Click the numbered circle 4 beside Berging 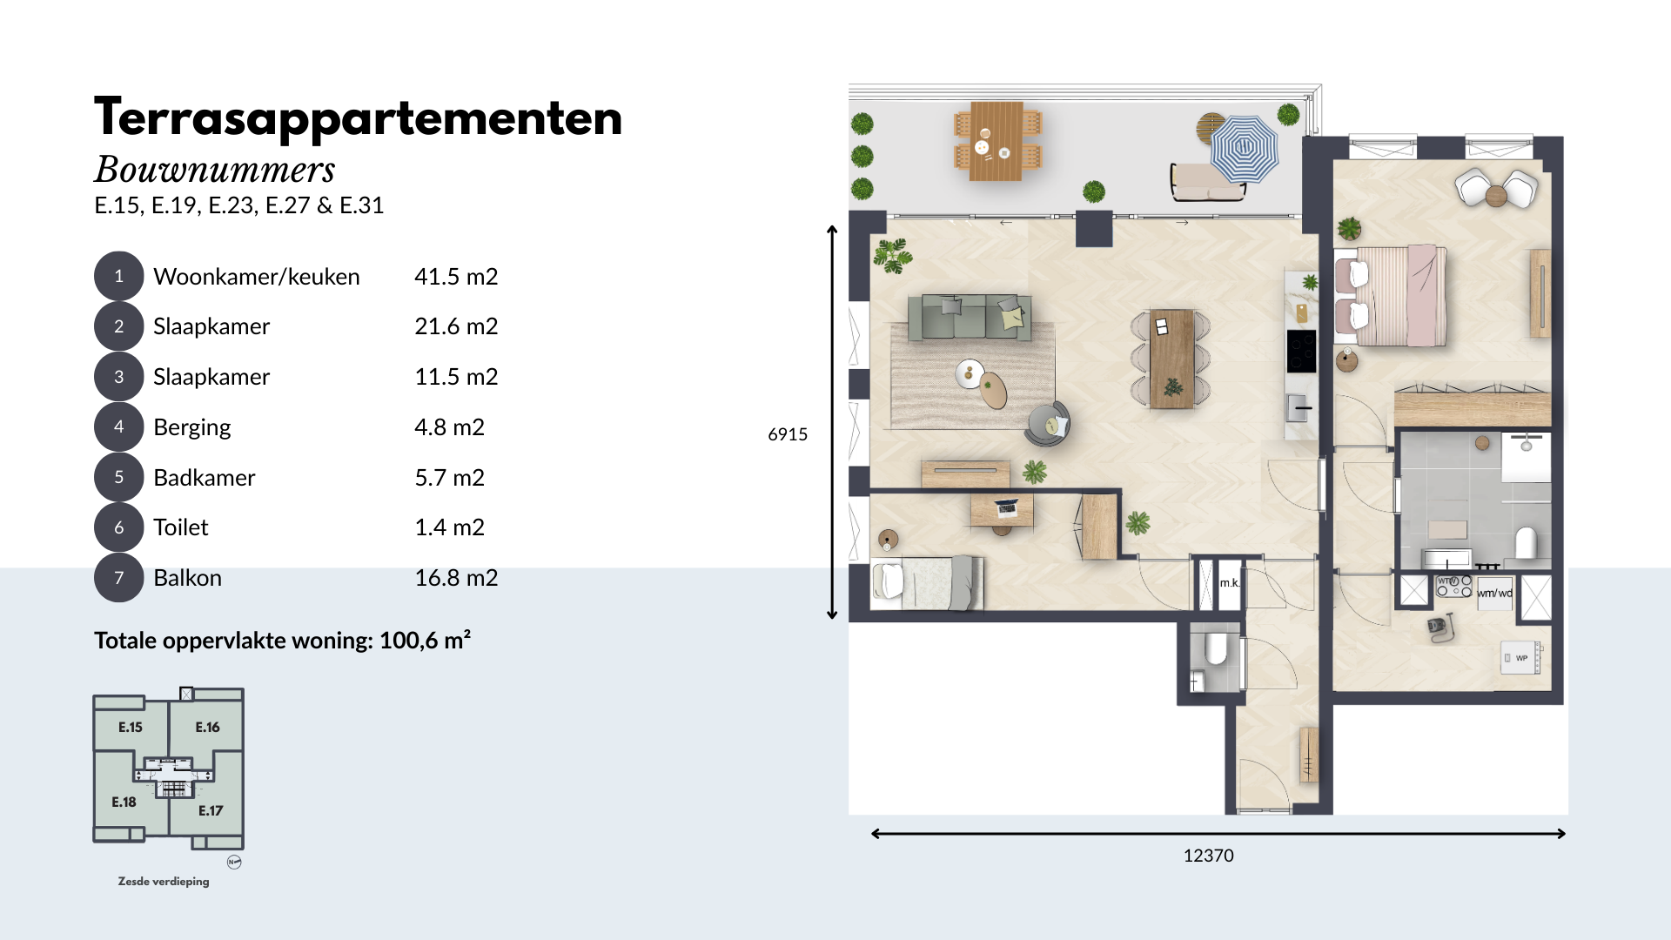[118, 426]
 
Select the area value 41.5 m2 [456, 277]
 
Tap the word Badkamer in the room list [205, 478]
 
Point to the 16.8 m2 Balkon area [456, 578]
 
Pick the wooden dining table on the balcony [997, 140]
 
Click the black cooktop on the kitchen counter [1301, 352]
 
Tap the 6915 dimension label [788, 434]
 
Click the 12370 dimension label [1208, 856]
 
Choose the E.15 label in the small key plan [131, 728]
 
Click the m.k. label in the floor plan [1229, 583]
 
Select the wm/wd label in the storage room [1494, 594]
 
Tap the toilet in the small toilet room [1215, 648]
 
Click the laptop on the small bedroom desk [1006, 507]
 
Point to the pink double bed [1390, 295]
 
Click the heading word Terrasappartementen [359, 118]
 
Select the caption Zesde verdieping [164, 882]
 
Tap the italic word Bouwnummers [215, 169]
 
